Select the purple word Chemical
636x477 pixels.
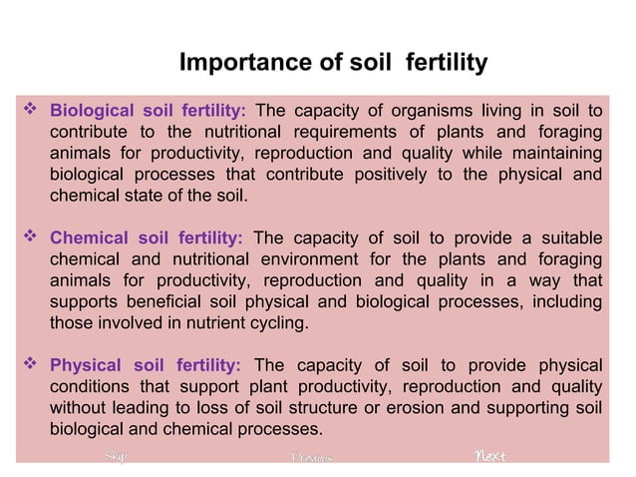click(90, 238)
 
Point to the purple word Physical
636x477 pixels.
click(87, 365)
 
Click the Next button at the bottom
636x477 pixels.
click(489, 457)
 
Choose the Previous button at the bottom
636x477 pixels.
click(309, 458)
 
